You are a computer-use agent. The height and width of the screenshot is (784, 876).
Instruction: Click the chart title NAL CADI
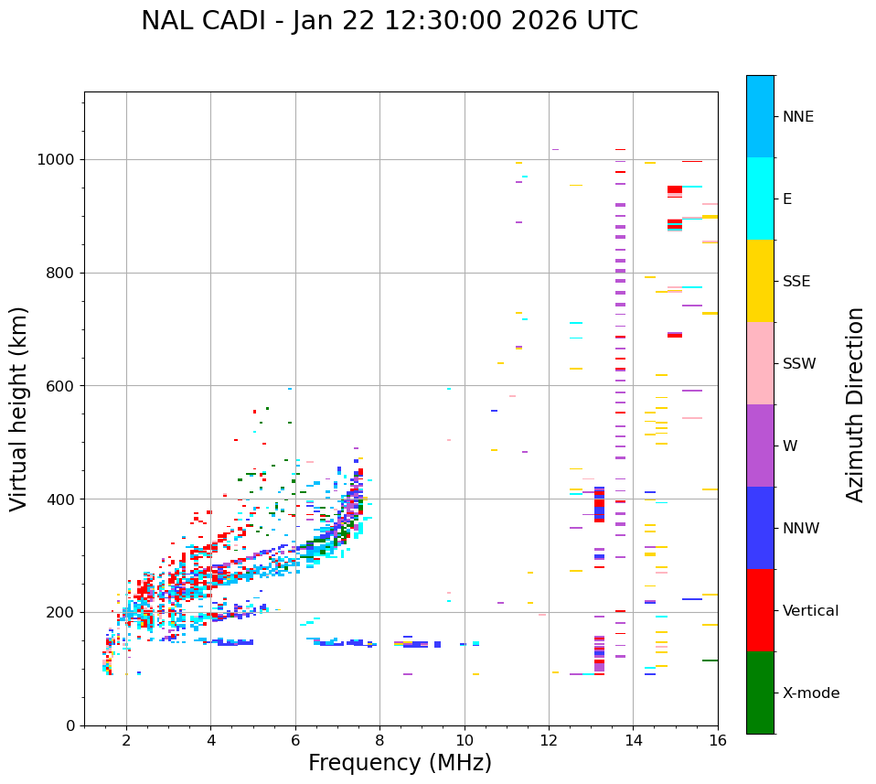pos(389,21)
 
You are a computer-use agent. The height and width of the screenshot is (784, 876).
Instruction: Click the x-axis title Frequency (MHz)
pos(400,763)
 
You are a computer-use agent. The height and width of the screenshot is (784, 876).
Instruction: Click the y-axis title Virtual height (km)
pos(19,409)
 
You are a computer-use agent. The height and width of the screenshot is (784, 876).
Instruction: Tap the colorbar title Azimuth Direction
pos(855,404)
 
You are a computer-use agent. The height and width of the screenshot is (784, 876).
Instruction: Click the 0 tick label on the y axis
pos(71,725)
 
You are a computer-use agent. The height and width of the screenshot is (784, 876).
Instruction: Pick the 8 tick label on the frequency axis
pos(379,740)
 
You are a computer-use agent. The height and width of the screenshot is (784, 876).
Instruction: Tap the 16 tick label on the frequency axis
pos(718,740)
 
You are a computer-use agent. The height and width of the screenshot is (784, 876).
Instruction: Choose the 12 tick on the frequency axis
pos(549,740)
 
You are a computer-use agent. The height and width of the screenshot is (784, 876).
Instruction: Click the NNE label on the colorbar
pos(797,117)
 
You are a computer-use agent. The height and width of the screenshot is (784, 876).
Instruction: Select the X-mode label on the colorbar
pos(810,693)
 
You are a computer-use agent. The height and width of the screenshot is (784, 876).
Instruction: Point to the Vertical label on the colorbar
pos(810,611)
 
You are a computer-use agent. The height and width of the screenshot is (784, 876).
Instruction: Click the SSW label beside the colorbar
pos(799,364)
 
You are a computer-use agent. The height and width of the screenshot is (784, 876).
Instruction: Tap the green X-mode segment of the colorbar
pos(760,693)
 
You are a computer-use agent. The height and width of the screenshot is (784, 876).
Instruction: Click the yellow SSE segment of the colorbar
pos(760,281)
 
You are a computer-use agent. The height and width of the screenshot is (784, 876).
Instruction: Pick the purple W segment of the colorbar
pos(760,446)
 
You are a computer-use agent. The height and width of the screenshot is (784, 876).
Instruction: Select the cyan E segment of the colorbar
pos(760,199)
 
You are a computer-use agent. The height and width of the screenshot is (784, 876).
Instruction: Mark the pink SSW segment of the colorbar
pos(760,363)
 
